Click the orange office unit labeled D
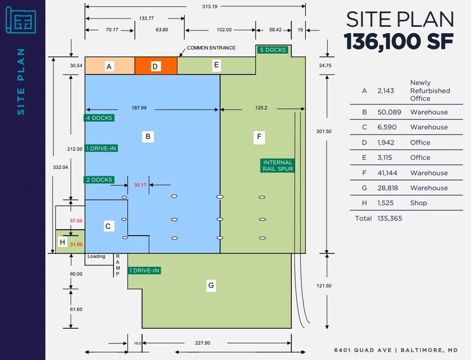tap(156, 66)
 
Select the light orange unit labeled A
tap(110, 66)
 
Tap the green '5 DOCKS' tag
tap(273, 50)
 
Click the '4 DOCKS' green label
tap(99, 118)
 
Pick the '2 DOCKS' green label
tap(99, 180)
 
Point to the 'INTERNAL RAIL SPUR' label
tap(278, 166)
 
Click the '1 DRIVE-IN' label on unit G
tap(144, 271)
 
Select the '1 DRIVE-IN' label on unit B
tap(101, 148)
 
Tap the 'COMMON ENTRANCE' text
tap(211, 48)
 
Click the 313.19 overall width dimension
tap(210, 6)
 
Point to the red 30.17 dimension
tap(140, 185)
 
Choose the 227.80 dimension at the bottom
tap(202, 343)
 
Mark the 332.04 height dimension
tap(61, 167)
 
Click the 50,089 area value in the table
tap(389, 112)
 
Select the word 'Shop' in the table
tap(418, 203)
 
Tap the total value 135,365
tap(390, 219)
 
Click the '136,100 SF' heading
tap(399, 41)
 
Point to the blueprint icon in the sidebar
tap(21, 20)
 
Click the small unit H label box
tap(62, 242)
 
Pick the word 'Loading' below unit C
tap(97, 257)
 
